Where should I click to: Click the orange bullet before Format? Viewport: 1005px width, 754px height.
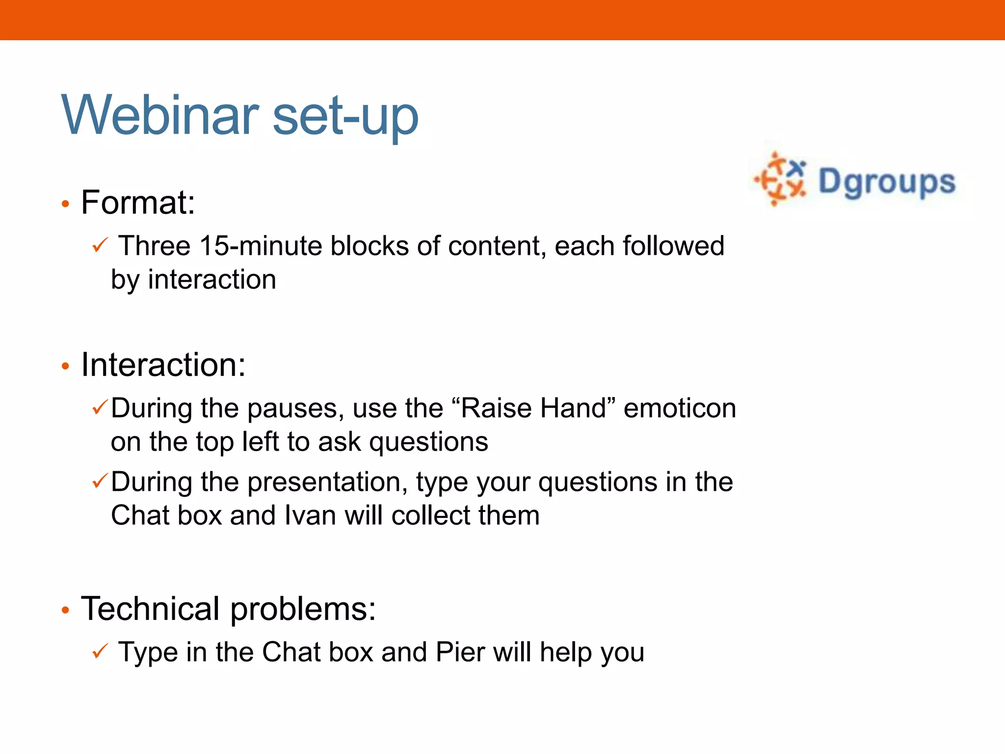(x=65, y=204)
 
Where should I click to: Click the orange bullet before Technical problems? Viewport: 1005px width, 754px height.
(x=65, y=611)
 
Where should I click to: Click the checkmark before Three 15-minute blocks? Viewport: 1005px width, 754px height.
(x=100, y=245)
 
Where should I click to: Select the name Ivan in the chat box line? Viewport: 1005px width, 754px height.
(x=310, y=515)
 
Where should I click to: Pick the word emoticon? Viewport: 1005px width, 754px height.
(x=680, y=408)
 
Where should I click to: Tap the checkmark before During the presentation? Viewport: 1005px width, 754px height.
(x=100, y=481)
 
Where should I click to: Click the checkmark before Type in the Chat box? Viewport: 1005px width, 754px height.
(x=100, y=651)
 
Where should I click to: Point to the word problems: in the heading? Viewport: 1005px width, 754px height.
(x=303, y=610)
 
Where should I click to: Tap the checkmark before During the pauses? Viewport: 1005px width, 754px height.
(x=100, y=407)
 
